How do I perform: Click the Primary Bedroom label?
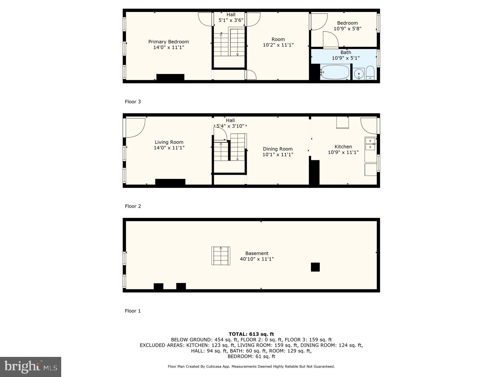[169, 42]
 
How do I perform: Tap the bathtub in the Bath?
[335, 72]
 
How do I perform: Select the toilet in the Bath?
[370, 73]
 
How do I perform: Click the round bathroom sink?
[359, 74]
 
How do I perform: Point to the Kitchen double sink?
[370, 144]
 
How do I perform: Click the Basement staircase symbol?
[221, 256]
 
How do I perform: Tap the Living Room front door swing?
[135, 128]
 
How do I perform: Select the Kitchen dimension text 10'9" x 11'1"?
[343, 152]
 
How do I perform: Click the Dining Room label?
[278, 149]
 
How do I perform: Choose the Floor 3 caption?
[133, 102]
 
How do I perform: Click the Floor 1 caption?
[133, 311]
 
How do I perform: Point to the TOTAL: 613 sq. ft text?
[251, 334]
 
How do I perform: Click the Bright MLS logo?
[30, 367]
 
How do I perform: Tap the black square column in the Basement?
[315, 267]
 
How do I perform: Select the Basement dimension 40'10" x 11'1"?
[257, 259]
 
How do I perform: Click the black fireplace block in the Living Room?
[170, 182]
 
